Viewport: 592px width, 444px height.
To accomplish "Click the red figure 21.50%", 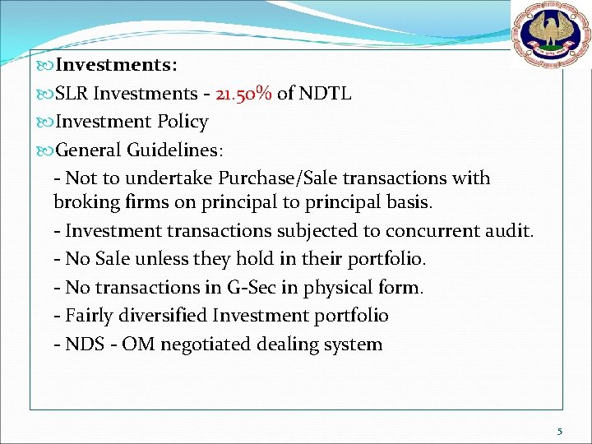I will coord(243,94).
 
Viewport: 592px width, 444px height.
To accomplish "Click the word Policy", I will coord(182,123).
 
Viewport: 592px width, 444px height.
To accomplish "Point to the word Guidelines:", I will coord(174,150).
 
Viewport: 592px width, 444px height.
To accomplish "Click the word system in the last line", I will coord(355,345).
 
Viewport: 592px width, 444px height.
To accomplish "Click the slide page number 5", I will coord(560,431).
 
